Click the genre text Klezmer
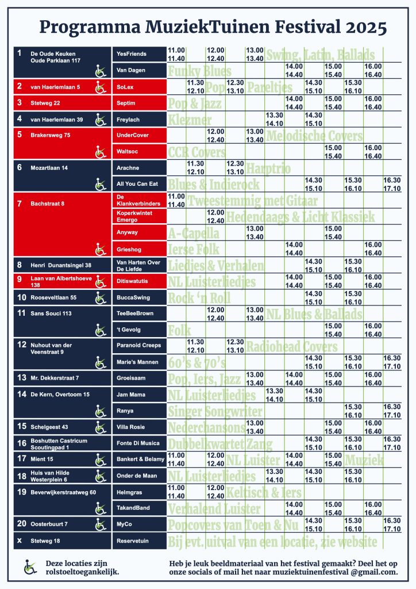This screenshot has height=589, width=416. [190, 120]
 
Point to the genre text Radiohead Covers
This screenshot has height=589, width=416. [291, 346]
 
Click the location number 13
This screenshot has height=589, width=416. [22, 378]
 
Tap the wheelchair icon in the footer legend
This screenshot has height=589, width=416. [29, 567]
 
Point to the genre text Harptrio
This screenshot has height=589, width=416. [268, 168]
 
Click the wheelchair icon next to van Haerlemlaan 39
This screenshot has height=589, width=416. [101, 120]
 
